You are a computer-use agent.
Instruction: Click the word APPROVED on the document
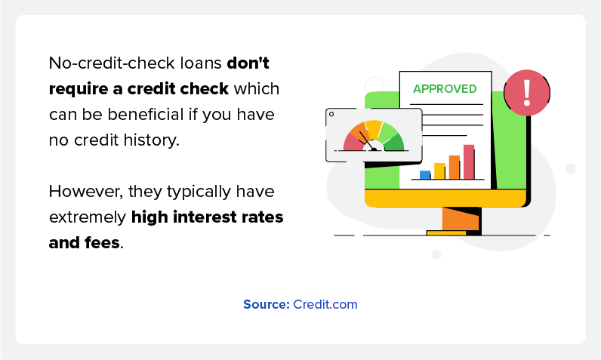(x=445, y=89)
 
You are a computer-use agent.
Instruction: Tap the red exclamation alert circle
(x=527, y=93)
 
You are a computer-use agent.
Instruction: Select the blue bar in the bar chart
(x=425, y=174)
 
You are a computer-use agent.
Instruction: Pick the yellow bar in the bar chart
(x=439, y=171)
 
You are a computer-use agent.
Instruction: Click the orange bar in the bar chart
(x=455, y=167)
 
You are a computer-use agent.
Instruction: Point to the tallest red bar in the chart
(x=469, y=162)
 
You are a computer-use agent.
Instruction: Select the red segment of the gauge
(x=353, y=143)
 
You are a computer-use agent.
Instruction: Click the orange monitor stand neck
(x=461, y=219)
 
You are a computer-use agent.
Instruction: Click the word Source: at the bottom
(x=267, y=304)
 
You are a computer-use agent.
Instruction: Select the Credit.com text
(x=325, y=304)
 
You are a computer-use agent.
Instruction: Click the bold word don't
(x=248, y=63)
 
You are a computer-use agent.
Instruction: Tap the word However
(x=86, y=192)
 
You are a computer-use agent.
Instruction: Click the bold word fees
(x=102, y=243)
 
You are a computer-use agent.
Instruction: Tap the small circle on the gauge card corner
(x=331, y=114)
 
